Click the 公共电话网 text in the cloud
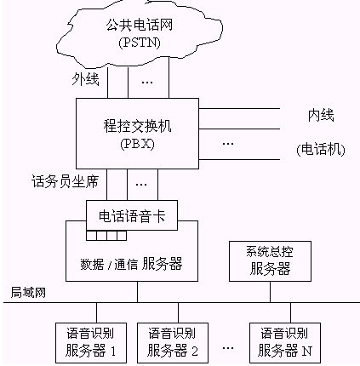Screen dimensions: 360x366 point(140,25)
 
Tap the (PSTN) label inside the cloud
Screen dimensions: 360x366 point(140,43)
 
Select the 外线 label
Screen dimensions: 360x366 point(85,79)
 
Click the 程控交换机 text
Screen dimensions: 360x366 point(137,126)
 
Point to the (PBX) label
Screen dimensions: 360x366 point(137,144)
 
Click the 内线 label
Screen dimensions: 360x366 point(321,116)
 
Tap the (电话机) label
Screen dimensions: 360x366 point(321,150)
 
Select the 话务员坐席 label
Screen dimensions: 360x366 point(65,181)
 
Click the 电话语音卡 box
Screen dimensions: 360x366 point(132,215)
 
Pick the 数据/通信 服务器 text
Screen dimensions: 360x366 point(131,264)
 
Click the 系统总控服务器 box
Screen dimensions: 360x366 point(270,261)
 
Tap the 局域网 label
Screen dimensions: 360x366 point(28,293)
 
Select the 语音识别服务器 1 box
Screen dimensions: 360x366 point(91,343)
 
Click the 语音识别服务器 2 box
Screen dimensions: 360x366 point(173,343)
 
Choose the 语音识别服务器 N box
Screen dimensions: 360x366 point(285,343)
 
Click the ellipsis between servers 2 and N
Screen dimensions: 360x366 point(228,348)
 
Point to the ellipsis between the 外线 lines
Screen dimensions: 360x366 point(147,83)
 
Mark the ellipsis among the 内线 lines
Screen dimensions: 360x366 point(228,144)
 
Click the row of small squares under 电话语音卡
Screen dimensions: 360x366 point(106,236)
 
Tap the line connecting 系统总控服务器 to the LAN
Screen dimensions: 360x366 point(270,292)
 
